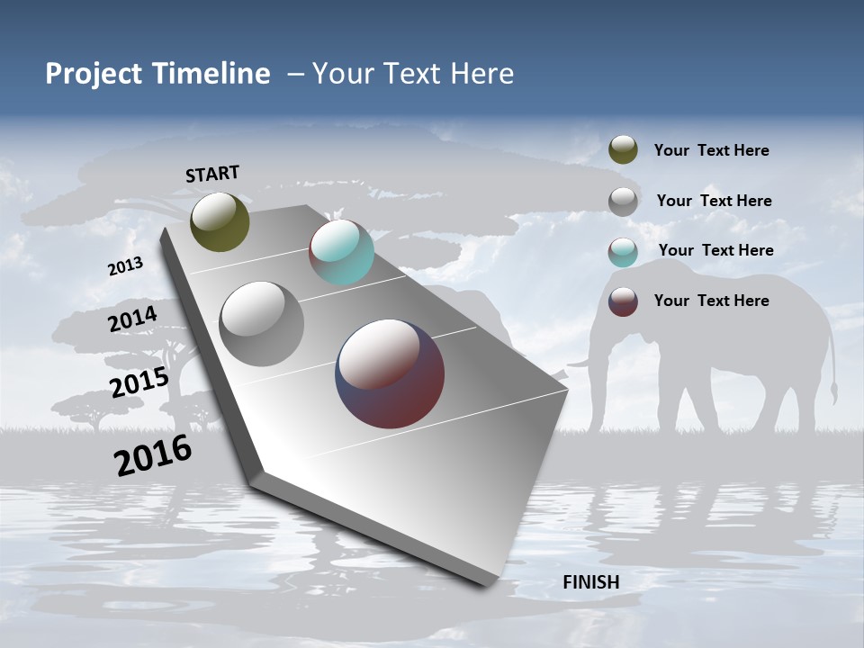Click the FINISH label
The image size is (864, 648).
pyautogui.click(x=590, y=581)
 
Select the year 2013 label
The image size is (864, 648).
pyautogui.click(x=125, y=266)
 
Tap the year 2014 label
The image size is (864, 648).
pyautogui.click(x=132, y=319)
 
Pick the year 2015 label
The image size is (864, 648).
pyautogui.click(x=139, y=383)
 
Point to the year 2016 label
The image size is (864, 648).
pyautogui.click(x=153, y=455)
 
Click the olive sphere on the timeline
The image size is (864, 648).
pyautogui.click(x=220, y=221)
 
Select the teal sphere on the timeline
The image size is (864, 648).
pyautogui.click(x=341, y=252)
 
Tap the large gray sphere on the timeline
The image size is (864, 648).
pyautogui.click(x=262, y=323)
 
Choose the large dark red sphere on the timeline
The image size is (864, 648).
pyautogui.click(x=390, y=373)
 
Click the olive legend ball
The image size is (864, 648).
pyautogui.click(x=623, y=149)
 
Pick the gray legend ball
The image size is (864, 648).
pyautogui.click(x=623, y=201)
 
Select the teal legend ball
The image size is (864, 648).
pyautogui.click(x=623, y=251)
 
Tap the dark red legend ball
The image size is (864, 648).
pyautogui.click(x=623, y=301)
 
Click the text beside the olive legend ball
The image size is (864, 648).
pyautogui.click(x=711, y=150)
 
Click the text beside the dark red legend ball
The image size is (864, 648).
pyautogui.click(x=711, y=301)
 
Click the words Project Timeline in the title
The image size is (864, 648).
pyautogui.click(x=157, y=74)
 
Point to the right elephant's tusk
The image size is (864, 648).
pyautogui.click(x=580, y=363)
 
